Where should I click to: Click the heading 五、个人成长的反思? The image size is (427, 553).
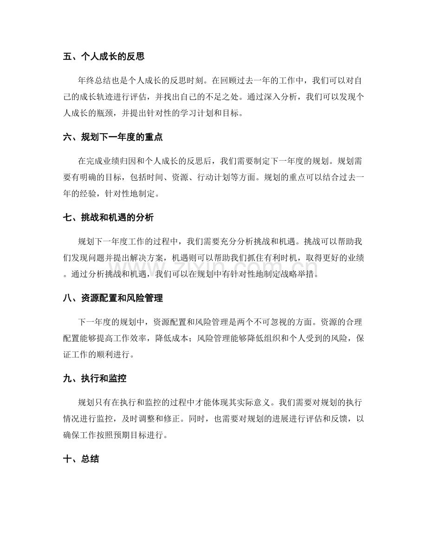click(104, 57)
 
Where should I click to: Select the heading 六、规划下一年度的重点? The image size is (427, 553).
click(112, 137)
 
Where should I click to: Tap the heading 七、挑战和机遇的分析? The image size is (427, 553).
click(112, 218)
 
